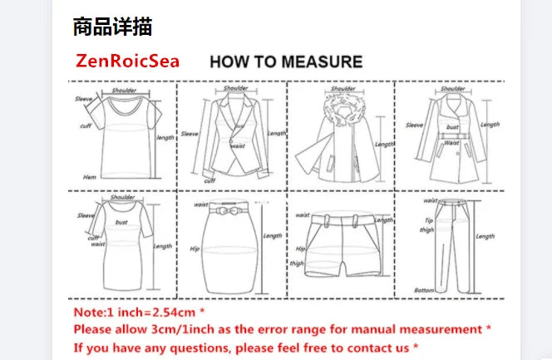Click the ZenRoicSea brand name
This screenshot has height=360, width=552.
coord(127,62)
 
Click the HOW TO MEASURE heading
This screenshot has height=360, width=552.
coord(285,62)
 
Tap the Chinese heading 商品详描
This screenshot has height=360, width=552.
coord(112,27)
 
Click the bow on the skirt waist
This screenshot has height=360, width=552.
coord(229,211)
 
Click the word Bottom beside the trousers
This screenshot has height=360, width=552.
coord(425,289)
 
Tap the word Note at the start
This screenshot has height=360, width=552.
coord(86,313)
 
